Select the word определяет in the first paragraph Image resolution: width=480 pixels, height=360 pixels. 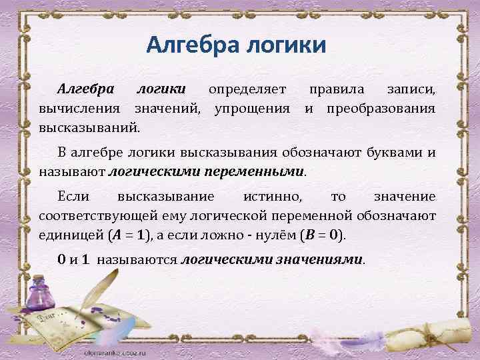[247, 89]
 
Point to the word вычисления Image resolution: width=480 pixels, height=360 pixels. [79, 107]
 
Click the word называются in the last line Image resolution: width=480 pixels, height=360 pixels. [137, 259]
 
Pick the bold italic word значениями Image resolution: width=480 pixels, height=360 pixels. [323, 259]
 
